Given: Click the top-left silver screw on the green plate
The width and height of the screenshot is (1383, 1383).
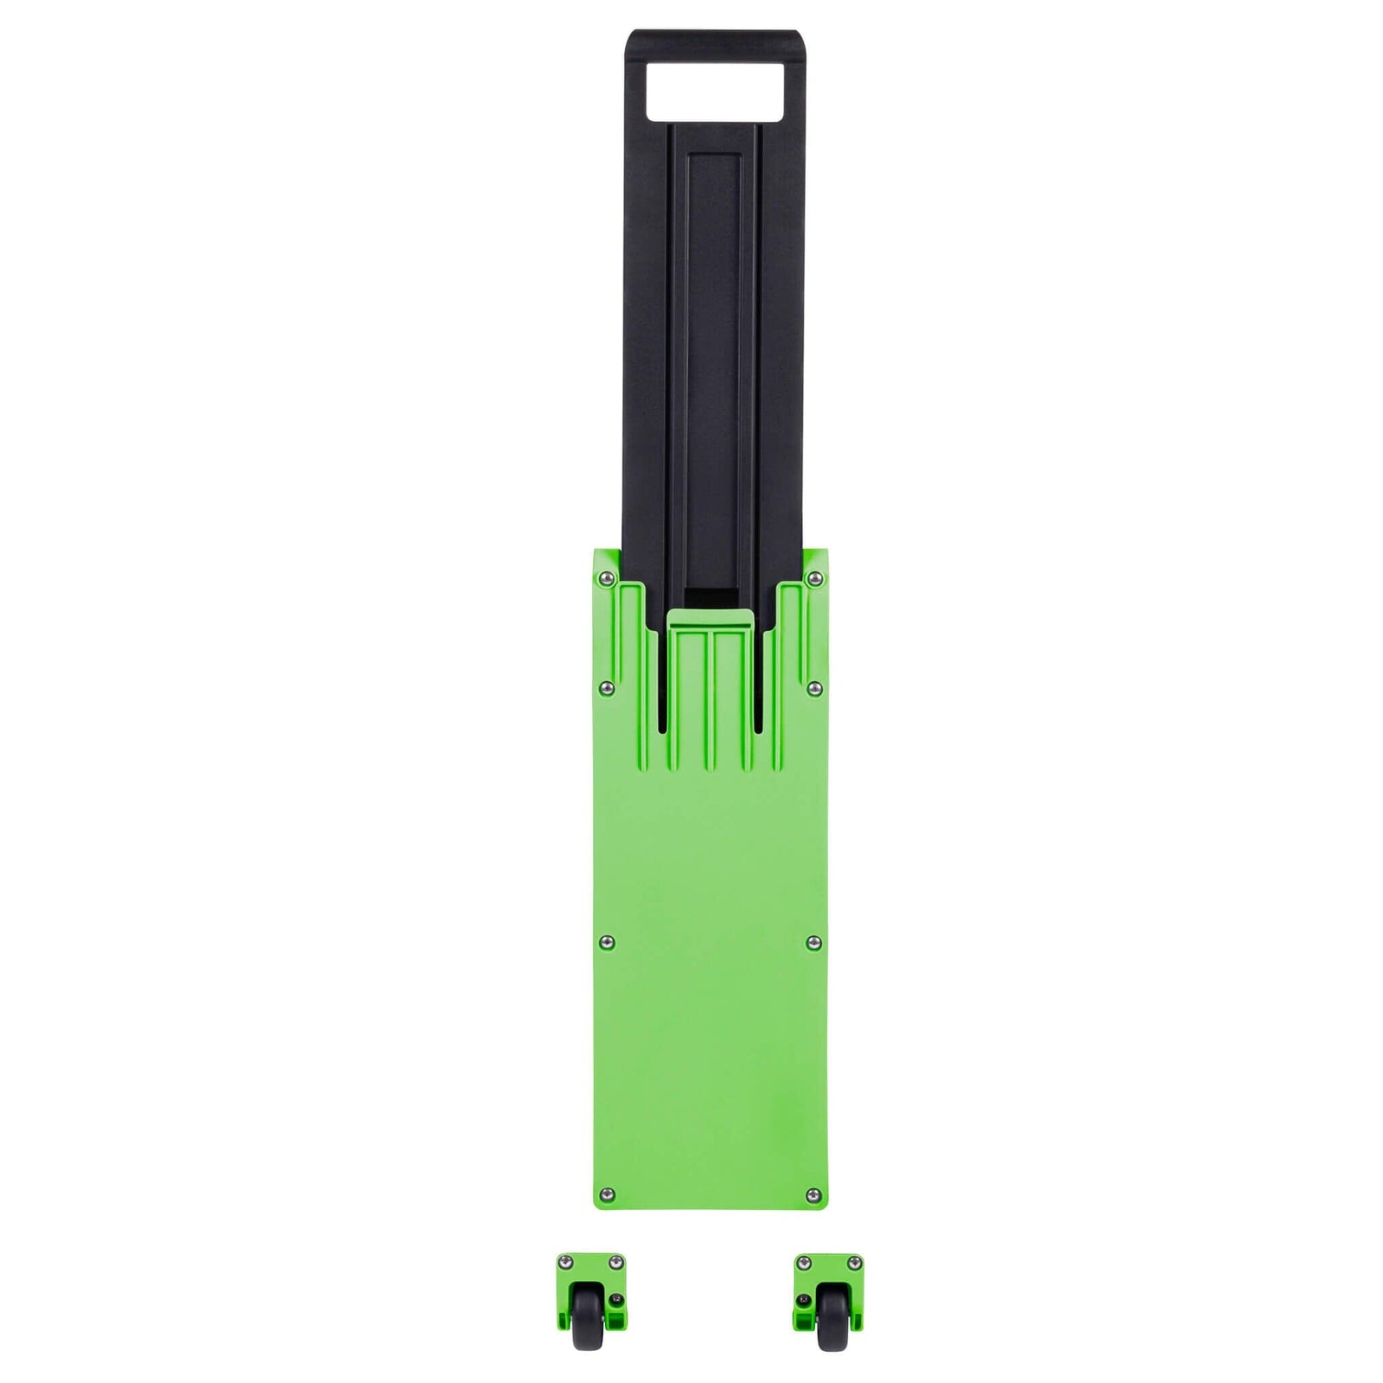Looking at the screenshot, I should [x=607, y=577].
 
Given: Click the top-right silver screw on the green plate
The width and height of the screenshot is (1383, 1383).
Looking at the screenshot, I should [x=813, y=577].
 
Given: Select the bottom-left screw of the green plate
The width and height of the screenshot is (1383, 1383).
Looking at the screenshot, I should [x=607, y=1195].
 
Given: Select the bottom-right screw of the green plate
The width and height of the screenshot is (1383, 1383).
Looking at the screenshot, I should [x=813, y=1195].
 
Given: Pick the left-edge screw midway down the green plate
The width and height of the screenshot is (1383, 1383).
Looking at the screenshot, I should [x=607, y=941].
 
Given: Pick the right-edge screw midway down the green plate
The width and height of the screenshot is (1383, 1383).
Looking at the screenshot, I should [x=813, y=941].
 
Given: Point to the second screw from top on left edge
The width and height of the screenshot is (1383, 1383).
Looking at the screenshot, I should [x=607, y=687].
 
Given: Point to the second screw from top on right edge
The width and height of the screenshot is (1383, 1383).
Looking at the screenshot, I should [x=813, y=687].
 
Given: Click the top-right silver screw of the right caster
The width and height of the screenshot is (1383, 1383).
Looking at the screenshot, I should [x=854, y=1263].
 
